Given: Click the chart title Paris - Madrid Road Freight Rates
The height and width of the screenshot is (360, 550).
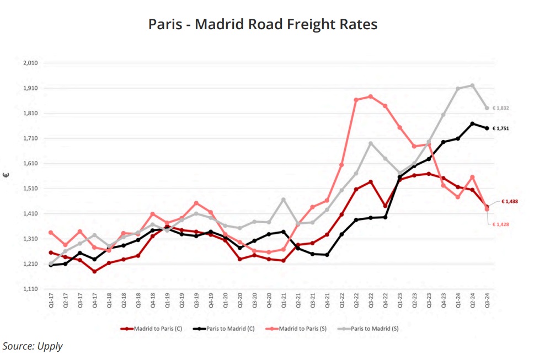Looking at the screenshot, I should coord(263,25).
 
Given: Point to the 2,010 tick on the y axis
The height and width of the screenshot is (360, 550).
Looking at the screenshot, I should coord(30,63).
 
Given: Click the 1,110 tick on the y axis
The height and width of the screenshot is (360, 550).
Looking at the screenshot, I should coord(30,289).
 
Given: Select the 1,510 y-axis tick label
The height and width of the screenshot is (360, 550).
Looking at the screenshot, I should coord(30,189).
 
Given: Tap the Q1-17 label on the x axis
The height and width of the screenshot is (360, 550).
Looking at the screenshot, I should coord(51,302).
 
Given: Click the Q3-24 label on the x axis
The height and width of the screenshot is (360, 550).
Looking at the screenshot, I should coord(487,302).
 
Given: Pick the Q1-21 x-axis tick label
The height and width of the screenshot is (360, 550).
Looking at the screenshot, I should coord(284,302).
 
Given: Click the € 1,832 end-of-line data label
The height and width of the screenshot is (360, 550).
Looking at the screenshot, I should coord(500,108).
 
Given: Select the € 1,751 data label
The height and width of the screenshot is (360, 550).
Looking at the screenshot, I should coord(500,128).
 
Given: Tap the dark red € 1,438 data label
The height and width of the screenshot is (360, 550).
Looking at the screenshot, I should coord(509,202).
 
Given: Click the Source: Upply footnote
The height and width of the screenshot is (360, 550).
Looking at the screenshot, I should coord(33,346).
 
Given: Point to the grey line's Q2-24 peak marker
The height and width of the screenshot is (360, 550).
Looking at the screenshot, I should coord(472,85).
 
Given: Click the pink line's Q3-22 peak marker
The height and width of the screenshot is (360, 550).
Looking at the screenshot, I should coord(371,96).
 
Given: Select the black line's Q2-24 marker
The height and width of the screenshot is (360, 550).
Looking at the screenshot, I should coord(472,123).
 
